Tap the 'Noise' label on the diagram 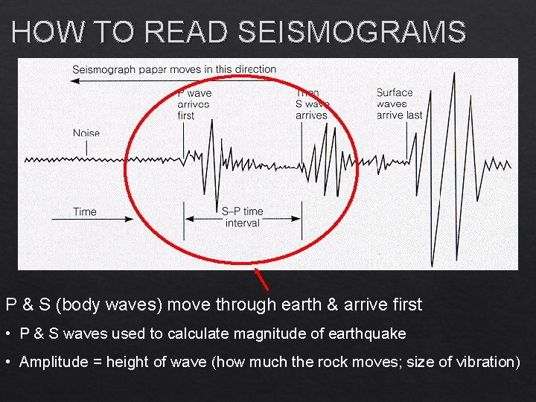(86, 133)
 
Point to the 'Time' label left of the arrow (85, 212)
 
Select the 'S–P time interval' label (242, 217)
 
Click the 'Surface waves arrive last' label (399, 104)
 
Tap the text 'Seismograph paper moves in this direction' (174, 69)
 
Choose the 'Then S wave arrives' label (311, 104)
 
